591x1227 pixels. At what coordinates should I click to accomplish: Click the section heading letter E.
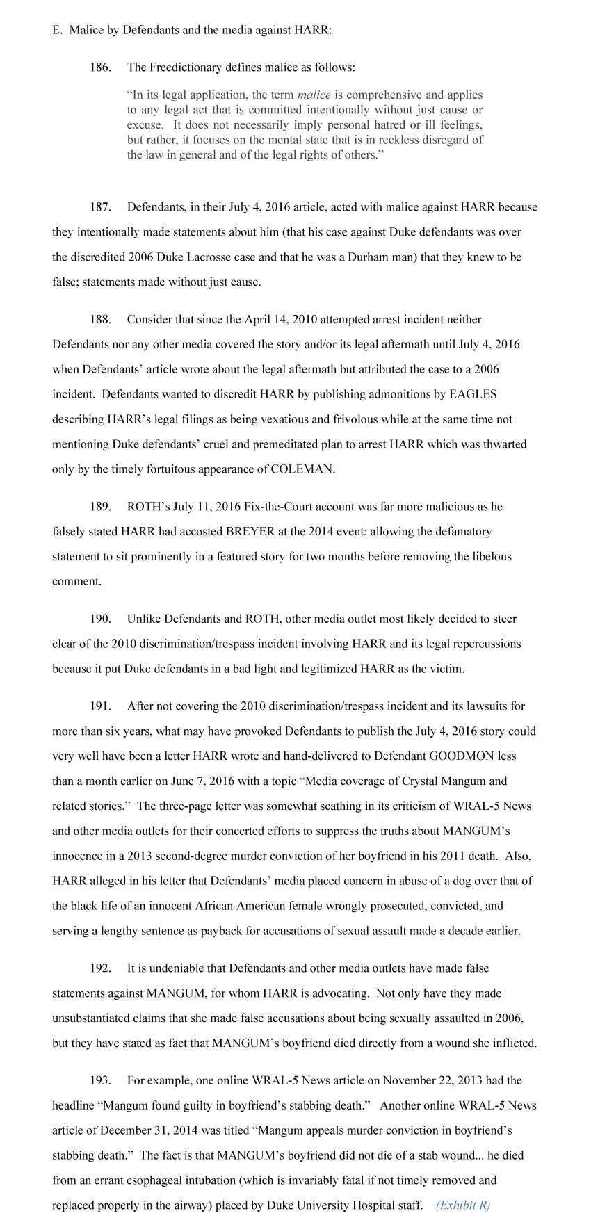click(x=56, y=30)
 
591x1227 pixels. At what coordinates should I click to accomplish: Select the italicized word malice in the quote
click(x=314, y=95)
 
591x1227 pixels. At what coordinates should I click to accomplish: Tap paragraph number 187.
click(x=100, y=207)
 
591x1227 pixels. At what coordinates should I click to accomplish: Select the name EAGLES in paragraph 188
click(x=473, y=394)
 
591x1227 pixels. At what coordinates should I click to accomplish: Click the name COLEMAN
click(x=301, y=469)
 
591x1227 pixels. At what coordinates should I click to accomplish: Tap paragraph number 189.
click(x=100, y=507)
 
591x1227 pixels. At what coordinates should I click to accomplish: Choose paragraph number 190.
click(x=100, y=619)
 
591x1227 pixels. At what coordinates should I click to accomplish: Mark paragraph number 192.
click(x=100, y=968)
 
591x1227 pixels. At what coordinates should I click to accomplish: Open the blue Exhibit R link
click(x=462, y=1205)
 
